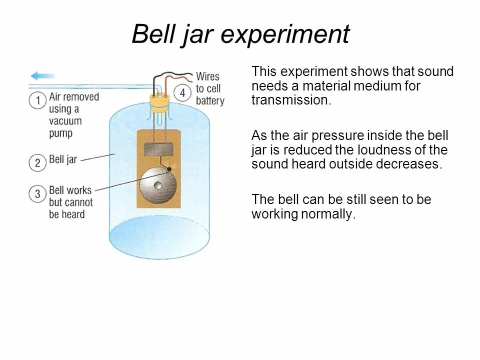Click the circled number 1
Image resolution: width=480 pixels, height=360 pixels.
pyautogui.click(x=37, y=100)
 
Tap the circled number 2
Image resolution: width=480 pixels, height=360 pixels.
pyautogui.click(x=37, y=162)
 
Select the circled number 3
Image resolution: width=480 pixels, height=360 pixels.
pyautogui.click(x=37, y=193)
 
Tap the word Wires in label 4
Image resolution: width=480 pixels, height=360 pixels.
pyautogui.click(x=207, y=76)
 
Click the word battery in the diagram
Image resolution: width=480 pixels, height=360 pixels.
pyautogui.click(x=210, y=101)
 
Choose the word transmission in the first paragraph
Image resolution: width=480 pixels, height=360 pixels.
pyautogui.click(x=290, y=100)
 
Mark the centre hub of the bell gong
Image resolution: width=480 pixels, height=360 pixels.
pyautogui.click(x=158, y=185)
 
